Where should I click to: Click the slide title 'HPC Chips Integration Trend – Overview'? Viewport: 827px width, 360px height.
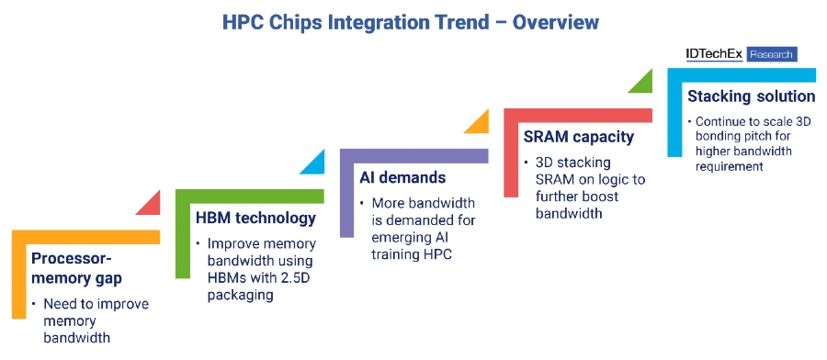[x=411, y=22]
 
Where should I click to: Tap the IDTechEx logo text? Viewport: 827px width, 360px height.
[x=714, y=54]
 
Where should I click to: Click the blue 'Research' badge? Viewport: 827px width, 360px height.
[x=772, y=54]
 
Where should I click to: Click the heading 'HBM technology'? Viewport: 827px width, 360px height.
[x=255, y=218]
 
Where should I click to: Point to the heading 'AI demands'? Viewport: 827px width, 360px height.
[x=402, y=177]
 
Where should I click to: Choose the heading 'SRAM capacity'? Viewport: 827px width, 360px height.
[x=578, y=137]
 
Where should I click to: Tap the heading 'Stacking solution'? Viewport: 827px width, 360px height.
[x=752, y=96]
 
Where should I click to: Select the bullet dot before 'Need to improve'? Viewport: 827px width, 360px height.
[x=33, y=304]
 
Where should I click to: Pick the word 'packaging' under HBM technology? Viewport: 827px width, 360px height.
[x=240, y=295]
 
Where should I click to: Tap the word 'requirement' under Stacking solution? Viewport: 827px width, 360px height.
[x=729, y=166]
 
